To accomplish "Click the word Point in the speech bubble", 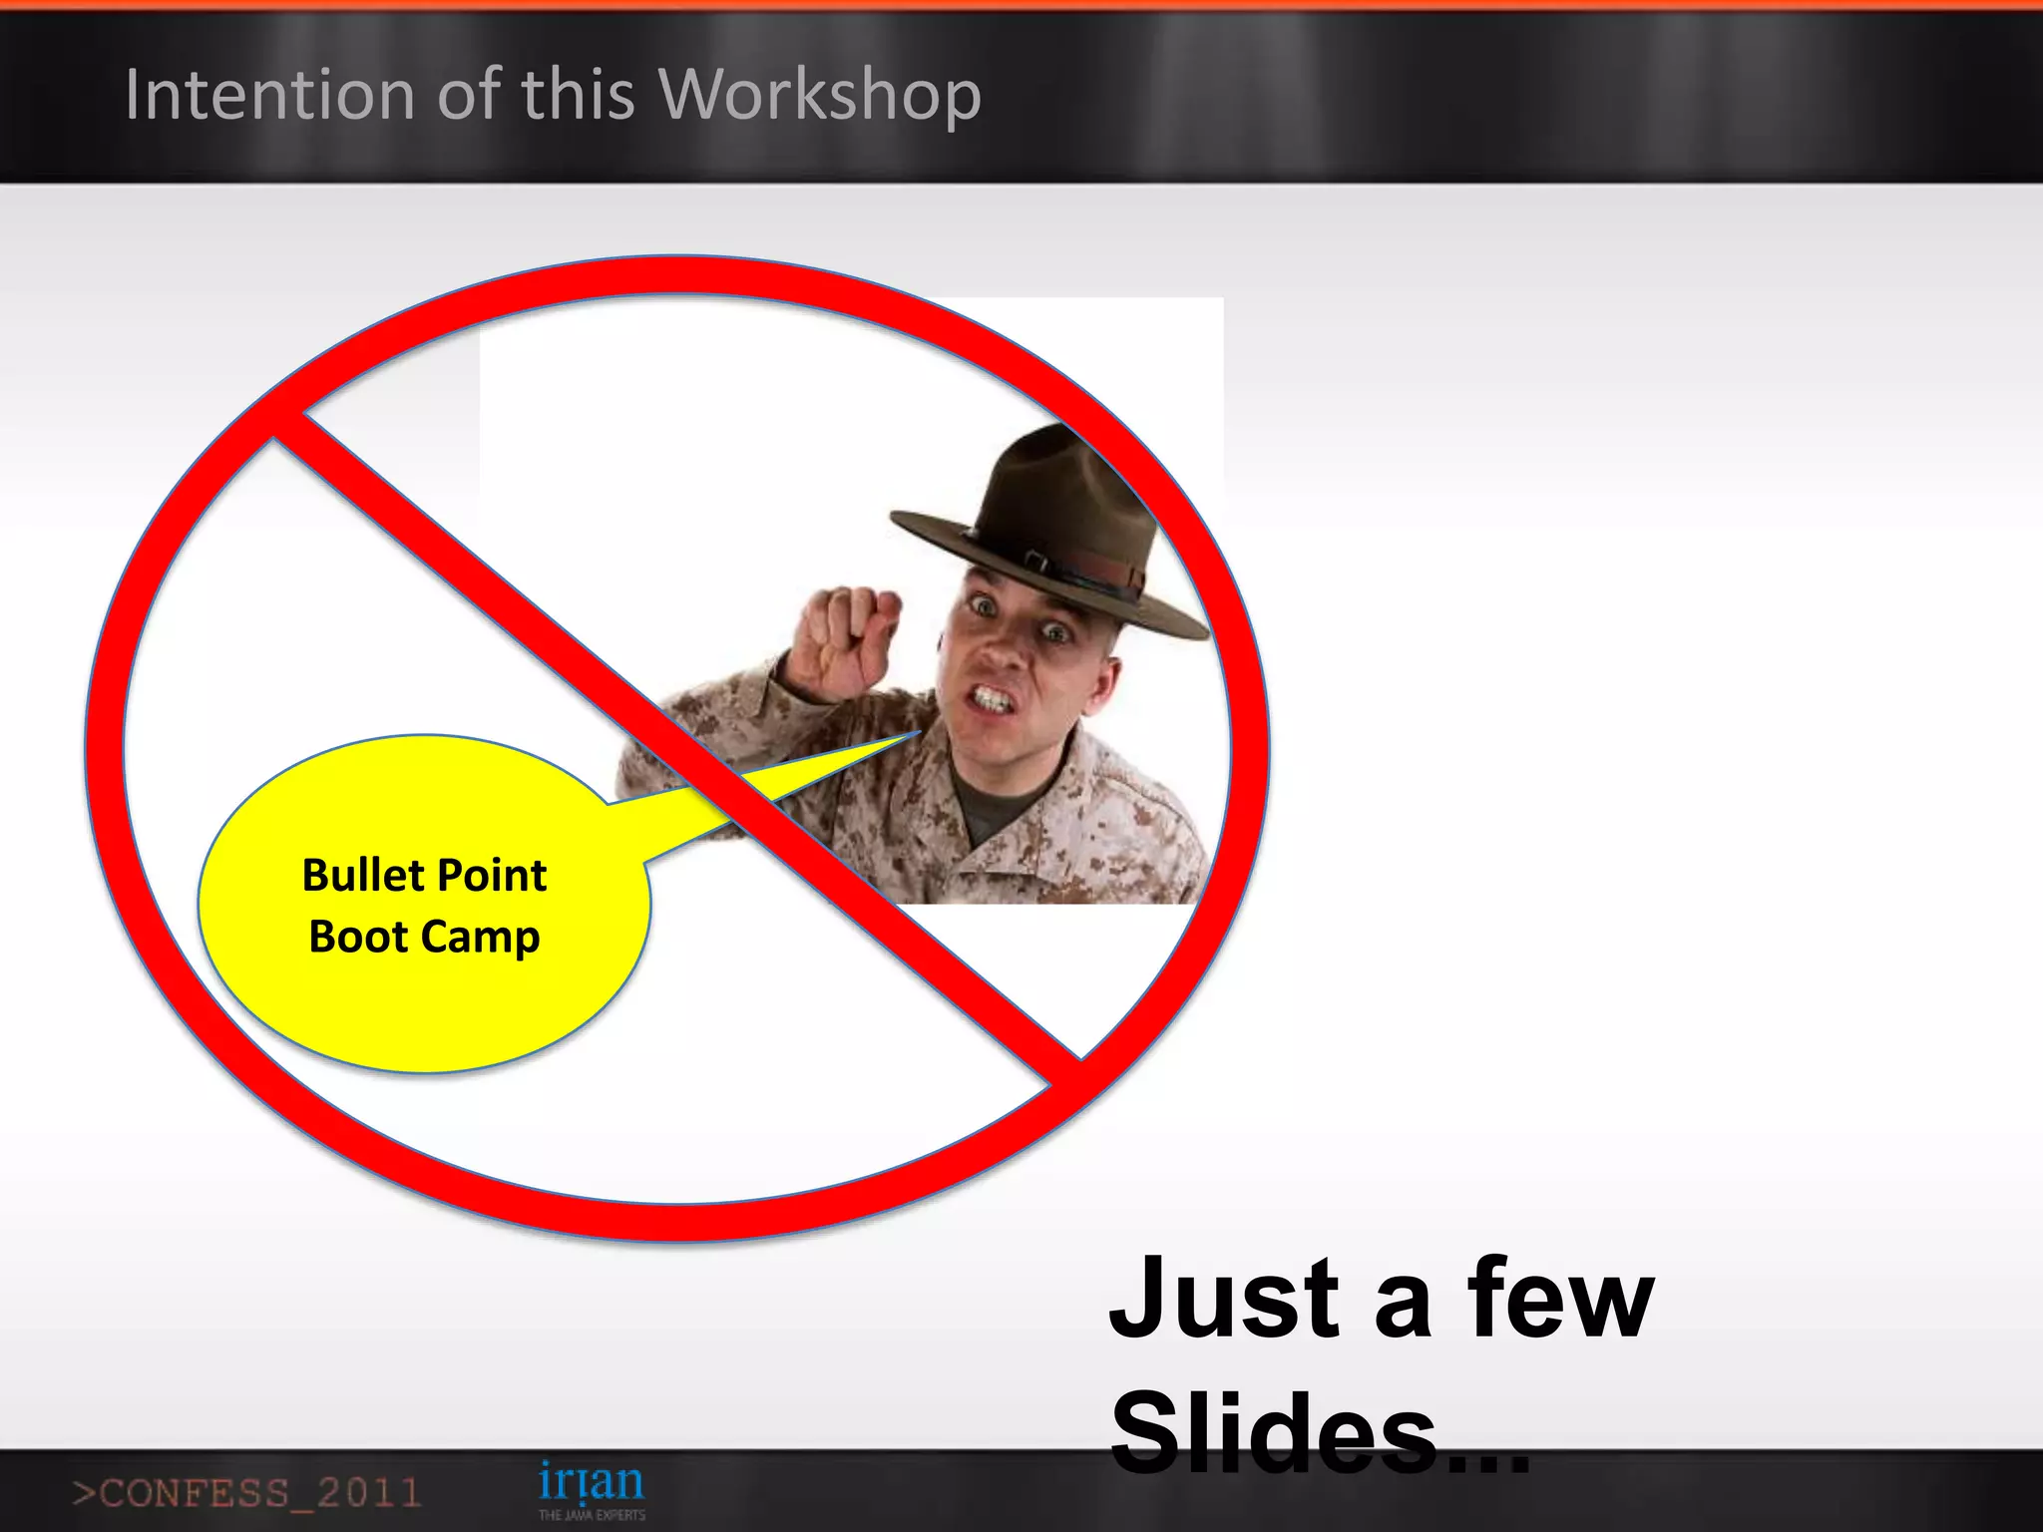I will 492,876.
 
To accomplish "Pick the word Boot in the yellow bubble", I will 358,937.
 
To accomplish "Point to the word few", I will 1559,1300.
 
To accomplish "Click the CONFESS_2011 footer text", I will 246,1493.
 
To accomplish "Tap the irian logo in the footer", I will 591,1482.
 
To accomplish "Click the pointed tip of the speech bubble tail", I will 918,734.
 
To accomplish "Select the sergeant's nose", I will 1005,648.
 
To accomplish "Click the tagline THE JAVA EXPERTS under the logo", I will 592,1515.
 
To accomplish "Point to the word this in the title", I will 578,95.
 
